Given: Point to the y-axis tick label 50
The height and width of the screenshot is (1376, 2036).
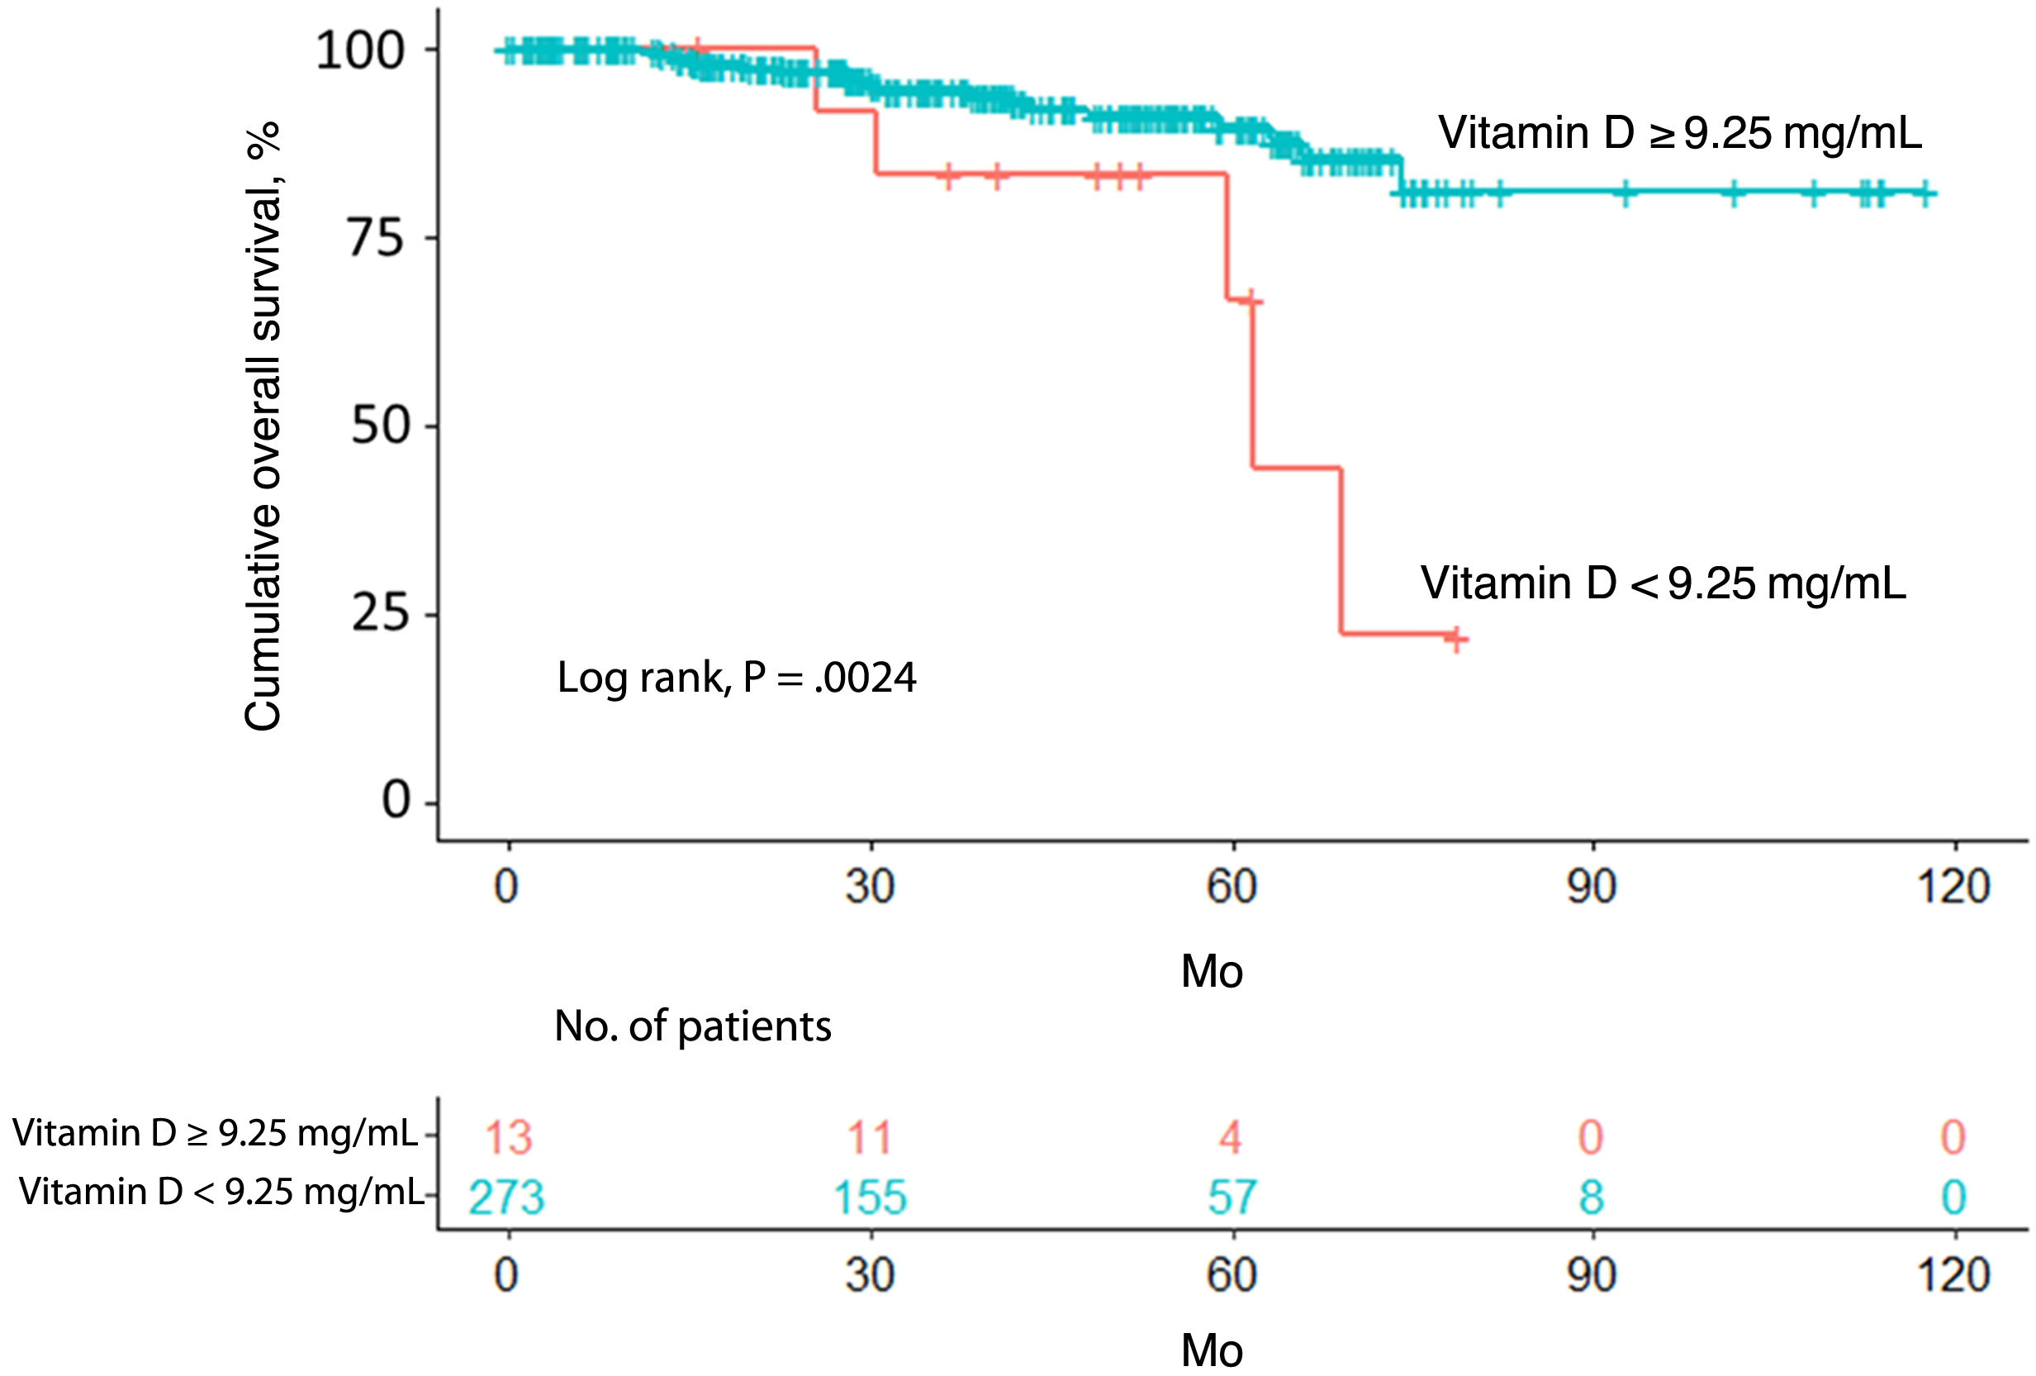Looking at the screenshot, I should click(x=379, y=426).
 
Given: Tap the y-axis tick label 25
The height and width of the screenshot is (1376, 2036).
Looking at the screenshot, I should click(x=379, y=613).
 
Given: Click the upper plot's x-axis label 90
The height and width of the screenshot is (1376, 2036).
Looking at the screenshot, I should click(x=1592, y=887).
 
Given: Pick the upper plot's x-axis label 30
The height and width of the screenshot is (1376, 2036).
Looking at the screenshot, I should click(x=869, y=887).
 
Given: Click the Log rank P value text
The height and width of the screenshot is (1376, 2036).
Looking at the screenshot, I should click(x=736, y=678).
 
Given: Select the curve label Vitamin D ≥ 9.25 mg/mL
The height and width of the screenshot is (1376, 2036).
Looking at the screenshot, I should click(x=1679, y=133).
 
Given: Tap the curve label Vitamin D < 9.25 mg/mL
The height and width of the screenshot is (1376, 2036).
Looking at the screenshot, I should click(x=1663, y=583).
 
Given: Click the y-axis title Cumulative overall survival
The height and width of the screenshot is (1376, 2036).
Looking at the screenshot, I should click(x=263, y=426).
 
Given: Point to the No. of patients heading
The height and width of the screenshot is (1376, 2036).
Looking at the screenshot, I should click(x=692, y=1026).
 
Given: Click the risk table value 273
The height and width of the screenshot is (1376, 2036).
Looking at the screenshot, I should click(x=506, y=1197).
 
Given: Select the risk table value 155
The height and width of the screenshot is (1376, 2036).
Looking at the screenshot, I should click(x=869, y=1197).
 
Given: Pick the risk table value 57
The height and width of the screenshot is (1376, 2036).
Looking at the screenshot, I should click(x=1232, y=1197).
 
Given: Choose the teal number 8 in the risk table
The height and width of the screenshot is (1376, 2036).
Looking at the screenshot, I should click(x=1591, y=1197).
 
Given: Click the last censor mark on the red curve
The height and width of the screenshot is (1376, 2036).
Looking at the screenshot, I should click(x=1455, y=639).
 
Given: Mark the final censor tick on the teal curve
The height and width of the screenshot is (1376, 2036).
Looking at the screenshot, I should click(x=1924, y=193).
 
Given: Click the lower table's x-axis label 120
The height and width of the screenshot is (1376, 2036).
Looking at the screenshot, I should click(x=1953, y=1274).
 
